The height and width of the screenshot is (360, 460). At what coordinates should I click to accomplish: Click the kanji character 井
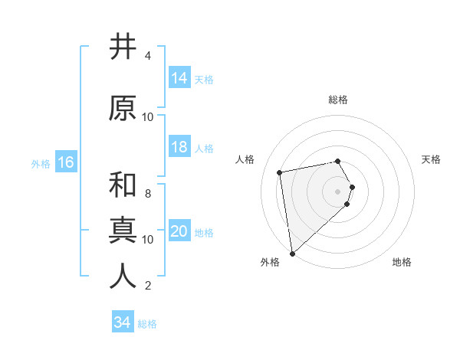[123, 47]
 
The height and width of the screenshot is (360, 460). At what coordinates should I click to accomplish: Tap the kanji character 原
[123, 108]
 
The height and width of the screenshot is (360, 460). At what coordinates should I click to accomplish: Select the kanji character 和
[123, 185]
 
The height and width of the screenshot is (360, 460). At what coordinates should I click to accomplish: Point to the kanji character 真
[123, 231]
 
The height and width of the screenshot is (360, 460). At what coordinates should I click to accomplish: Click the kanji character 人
[123, 277]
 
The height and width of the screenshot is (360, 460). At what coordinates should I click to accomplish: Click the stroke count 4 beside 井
[147, 56]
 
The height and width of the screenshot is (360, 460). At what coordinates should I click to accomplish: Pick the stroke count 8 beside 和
[147, 194]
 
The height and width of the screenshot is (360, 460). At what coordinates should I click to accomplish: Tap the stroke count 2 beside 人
[147, 286]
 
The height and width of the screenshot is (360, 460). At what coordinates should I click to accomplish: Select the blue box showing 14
[179, 78]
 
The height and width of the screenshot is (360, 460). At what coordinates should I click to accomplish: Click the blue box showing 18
[179, 148]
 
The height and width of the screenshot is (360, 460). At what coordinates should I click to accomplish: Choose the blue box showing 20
[179, 232]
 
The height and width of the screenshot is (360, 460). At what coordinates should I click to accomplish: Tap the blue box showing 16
[65, 162]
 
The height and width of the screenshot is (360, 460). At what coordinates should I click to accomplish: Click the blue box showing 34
[122, 322]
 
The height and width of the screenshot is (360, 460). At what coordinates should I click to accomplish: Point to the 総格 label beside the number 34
[147, 324]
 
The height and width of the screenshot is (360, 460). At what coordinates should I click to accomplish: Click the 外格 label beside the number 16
[41, 164]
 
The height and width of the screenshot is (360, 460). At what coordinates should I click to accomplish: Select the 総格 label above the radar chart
[337, 100]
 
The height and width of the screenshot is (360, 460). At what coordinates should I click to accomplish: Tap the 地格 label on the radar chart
[402, 262]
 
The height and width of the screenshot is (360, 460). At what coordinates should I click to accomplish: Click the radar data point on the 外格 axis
[291, 253]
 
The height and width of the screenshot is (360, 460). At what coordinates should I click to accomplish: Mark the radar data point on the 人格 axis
[280, 172]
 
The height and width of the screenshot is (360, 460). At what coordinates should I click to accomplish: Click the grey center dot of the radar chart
[337, 190]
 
